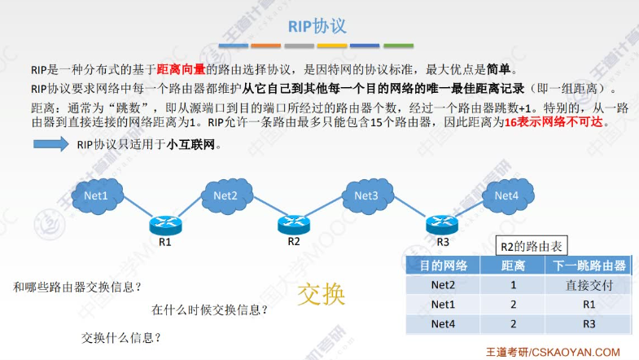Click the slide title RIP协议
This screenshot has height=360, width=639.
318,26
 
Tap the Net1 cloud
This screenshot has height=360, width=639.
101,195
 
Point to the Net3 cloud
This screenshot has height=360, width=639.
365,195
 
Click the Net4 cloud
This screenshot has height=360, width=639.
506,195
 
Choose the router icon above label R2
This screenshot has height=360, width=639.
293,222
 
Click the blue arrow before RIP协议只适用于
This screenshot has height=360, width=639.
51,145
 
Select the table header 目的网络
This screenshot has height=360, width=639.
443,266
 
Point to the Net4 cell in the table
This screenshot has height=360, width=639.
443,323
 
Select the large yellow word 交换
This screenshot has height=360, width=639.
322,294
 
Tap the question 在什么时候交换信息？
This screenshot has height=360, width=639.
209,310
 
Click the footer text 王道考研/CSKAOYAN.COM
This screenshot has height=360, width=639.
564,352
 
